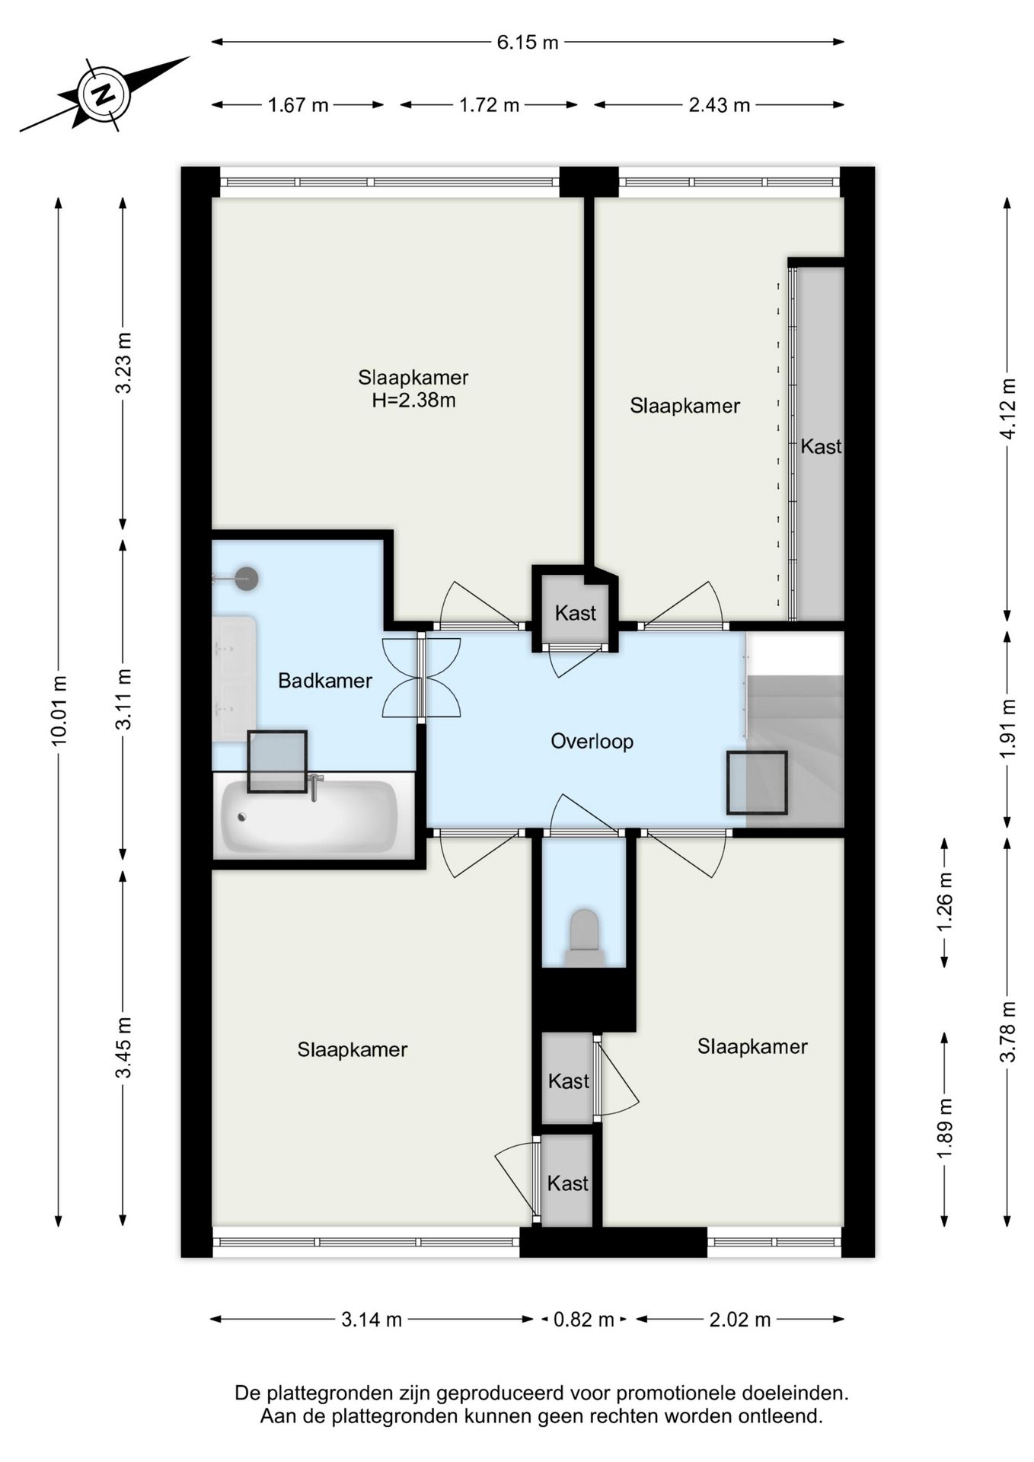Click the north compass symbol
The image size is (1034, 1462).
click(x=104, y=94)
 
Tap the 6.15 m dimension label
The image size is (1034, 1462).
click(x=528, y=43)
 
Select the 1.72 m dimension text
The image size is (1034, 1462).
click(x=489, y=105)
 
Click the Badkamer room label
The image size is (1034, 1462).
click(x=325, y=681)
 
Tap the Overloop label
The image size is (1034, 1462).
click(x=592, y=742)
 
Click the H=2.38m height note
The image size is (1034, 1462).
click(x=413, y=401)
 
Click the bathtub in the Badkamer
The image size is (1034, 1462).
click(x=309, y=817)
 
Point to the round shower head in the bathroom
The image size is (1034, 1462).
click(x=246, y=579)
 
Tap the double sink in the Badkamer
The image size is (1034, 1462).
click(x=234, y=679)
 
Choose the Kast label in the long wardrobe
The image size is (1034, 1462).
click(x=821, y=446)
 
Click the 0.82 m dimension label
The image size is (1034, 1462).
click(x=583, y=1320)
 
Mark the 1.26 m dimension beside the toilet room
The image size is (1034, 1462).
click(x=945, y=902)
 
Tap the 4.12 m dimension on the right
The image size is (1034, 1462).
click(x=1007, y=409)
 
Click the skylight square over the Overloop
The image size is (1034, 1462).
click(x=757, y=783)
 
